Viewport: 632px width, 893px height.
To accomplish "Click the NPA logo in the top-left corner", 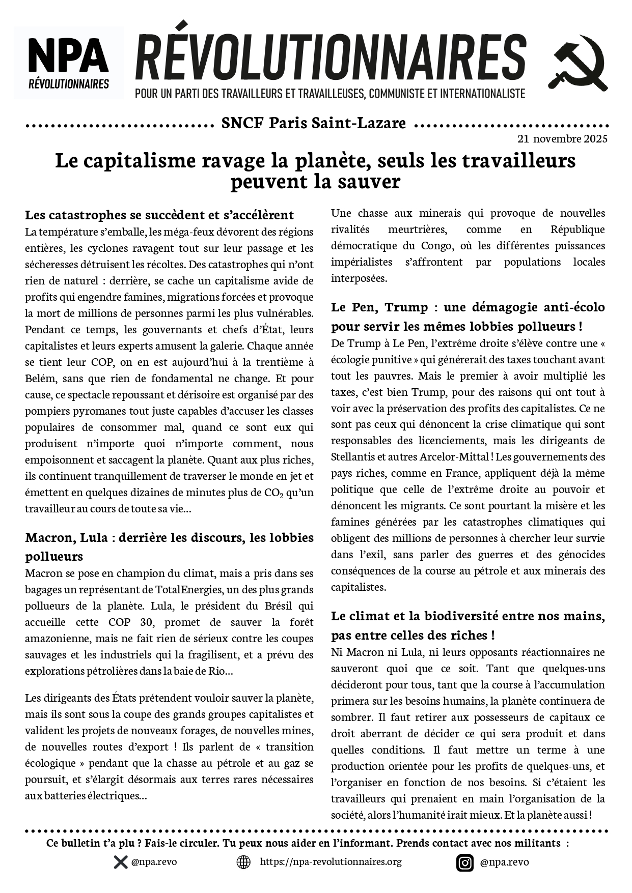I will [68, 62].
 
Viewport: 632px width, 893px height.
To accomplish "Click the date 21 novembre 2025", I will [562, 138].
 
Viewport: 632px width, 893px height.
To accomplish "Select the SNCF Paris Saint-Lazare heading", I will [314, 123].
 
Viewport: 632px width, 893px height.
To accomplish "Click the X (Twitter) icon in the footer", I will [120, 862].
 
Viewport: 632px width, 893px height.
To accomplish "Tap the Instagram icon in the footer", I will [464, 862].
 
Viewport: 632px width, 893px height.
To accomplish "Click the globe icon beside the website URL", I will [243, 862].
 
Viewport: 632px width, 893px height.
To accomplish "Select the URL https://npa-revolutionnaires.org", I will [331, 861].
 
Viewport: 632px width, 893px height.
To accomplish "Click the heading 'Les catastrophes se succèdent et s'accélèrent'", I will [159, 215].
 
